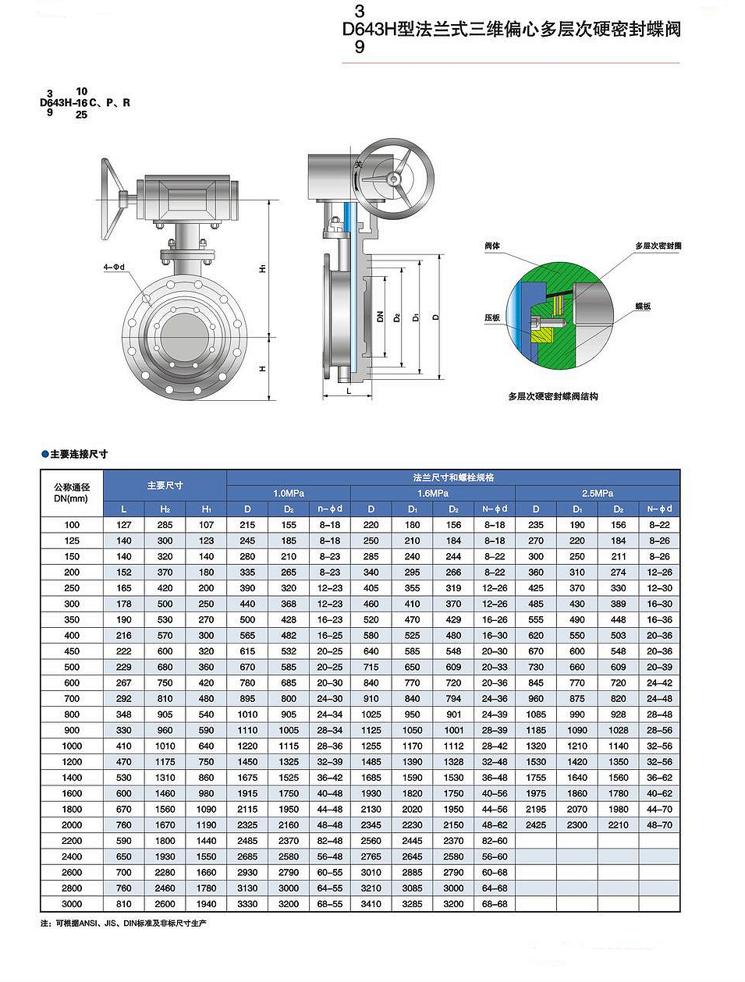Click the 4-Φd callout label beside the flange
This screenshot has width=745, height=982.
[x=114, y=267]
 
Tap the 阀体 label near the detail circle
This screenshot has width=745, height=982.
[x=492, y=246]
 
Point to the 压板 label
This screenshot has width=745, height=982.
[x=492, y=317]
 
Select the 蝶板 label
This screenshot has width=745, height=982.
[x=643, y=307]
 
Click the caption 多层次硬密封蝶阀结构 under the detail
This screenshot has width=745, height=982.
[x=553, y=396]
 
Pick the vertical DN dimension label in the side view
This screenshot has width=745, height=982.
[x=380, y=317]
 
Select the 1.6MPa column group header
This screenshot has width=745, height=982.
[x=433, y=493]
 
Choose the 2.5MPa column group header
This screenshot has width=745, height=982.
[x=598, y=493]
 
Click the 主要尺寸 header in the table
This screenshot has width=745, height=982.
[x=165, y=485]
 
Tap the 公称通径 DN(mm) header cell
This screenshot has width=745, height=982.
[x=72, y=493]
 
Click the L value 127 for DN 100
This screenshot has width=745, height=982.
[x=124, y=525]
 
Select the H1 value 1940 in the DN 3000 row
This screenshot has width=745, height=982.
[x=206, y=904]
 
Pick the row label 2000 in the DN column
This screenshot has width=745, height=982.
[x=72, y=824]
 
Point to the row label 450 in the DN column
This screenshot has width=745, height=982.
[x=72, y=651]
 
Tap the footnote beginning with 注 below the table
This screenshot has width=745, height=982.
[x=124, y=924]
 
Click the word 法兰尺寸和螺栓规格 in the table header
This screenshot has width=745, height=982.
[x=453, y=477]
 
